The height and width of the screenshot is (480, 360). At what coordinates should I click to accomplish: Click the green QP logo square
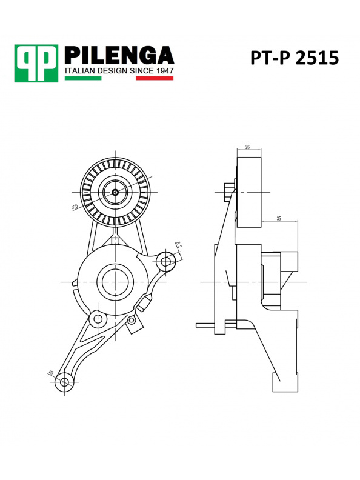(x=36, y=63)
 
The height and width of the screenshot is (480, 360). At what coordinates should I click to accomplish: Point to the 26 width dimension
(x=248, y=147)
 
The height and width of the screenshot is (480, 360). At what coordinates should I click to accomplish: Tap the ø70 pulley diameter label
(x=76, y=207)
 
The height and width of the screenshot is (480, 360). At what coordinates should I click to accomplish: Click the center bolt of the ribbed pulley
(x=115, y=193)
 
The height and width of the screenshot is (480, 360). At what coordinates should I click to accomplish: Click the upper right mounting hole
(x=165, y=261)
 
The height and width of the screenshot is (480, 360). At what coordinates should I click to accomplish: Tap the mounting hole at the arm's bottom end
(x=65, y=381)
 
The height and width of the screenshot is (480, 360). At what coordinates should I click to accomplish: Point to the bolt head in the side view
(x=228, y=192)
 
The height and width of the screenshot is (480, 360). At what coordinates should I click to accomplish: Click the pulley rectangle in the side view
(x=248, y=193)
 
